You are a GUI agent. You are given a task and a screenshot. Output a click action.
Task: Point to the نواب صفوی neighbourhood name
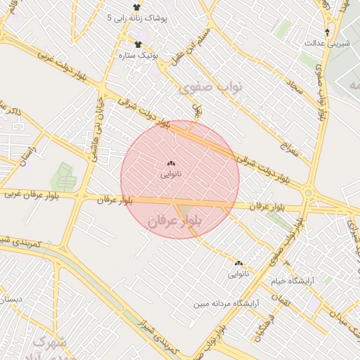point(210,88)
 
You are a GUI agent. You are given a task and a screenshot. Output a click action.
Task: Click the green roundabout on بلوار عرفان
point(308,193)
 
